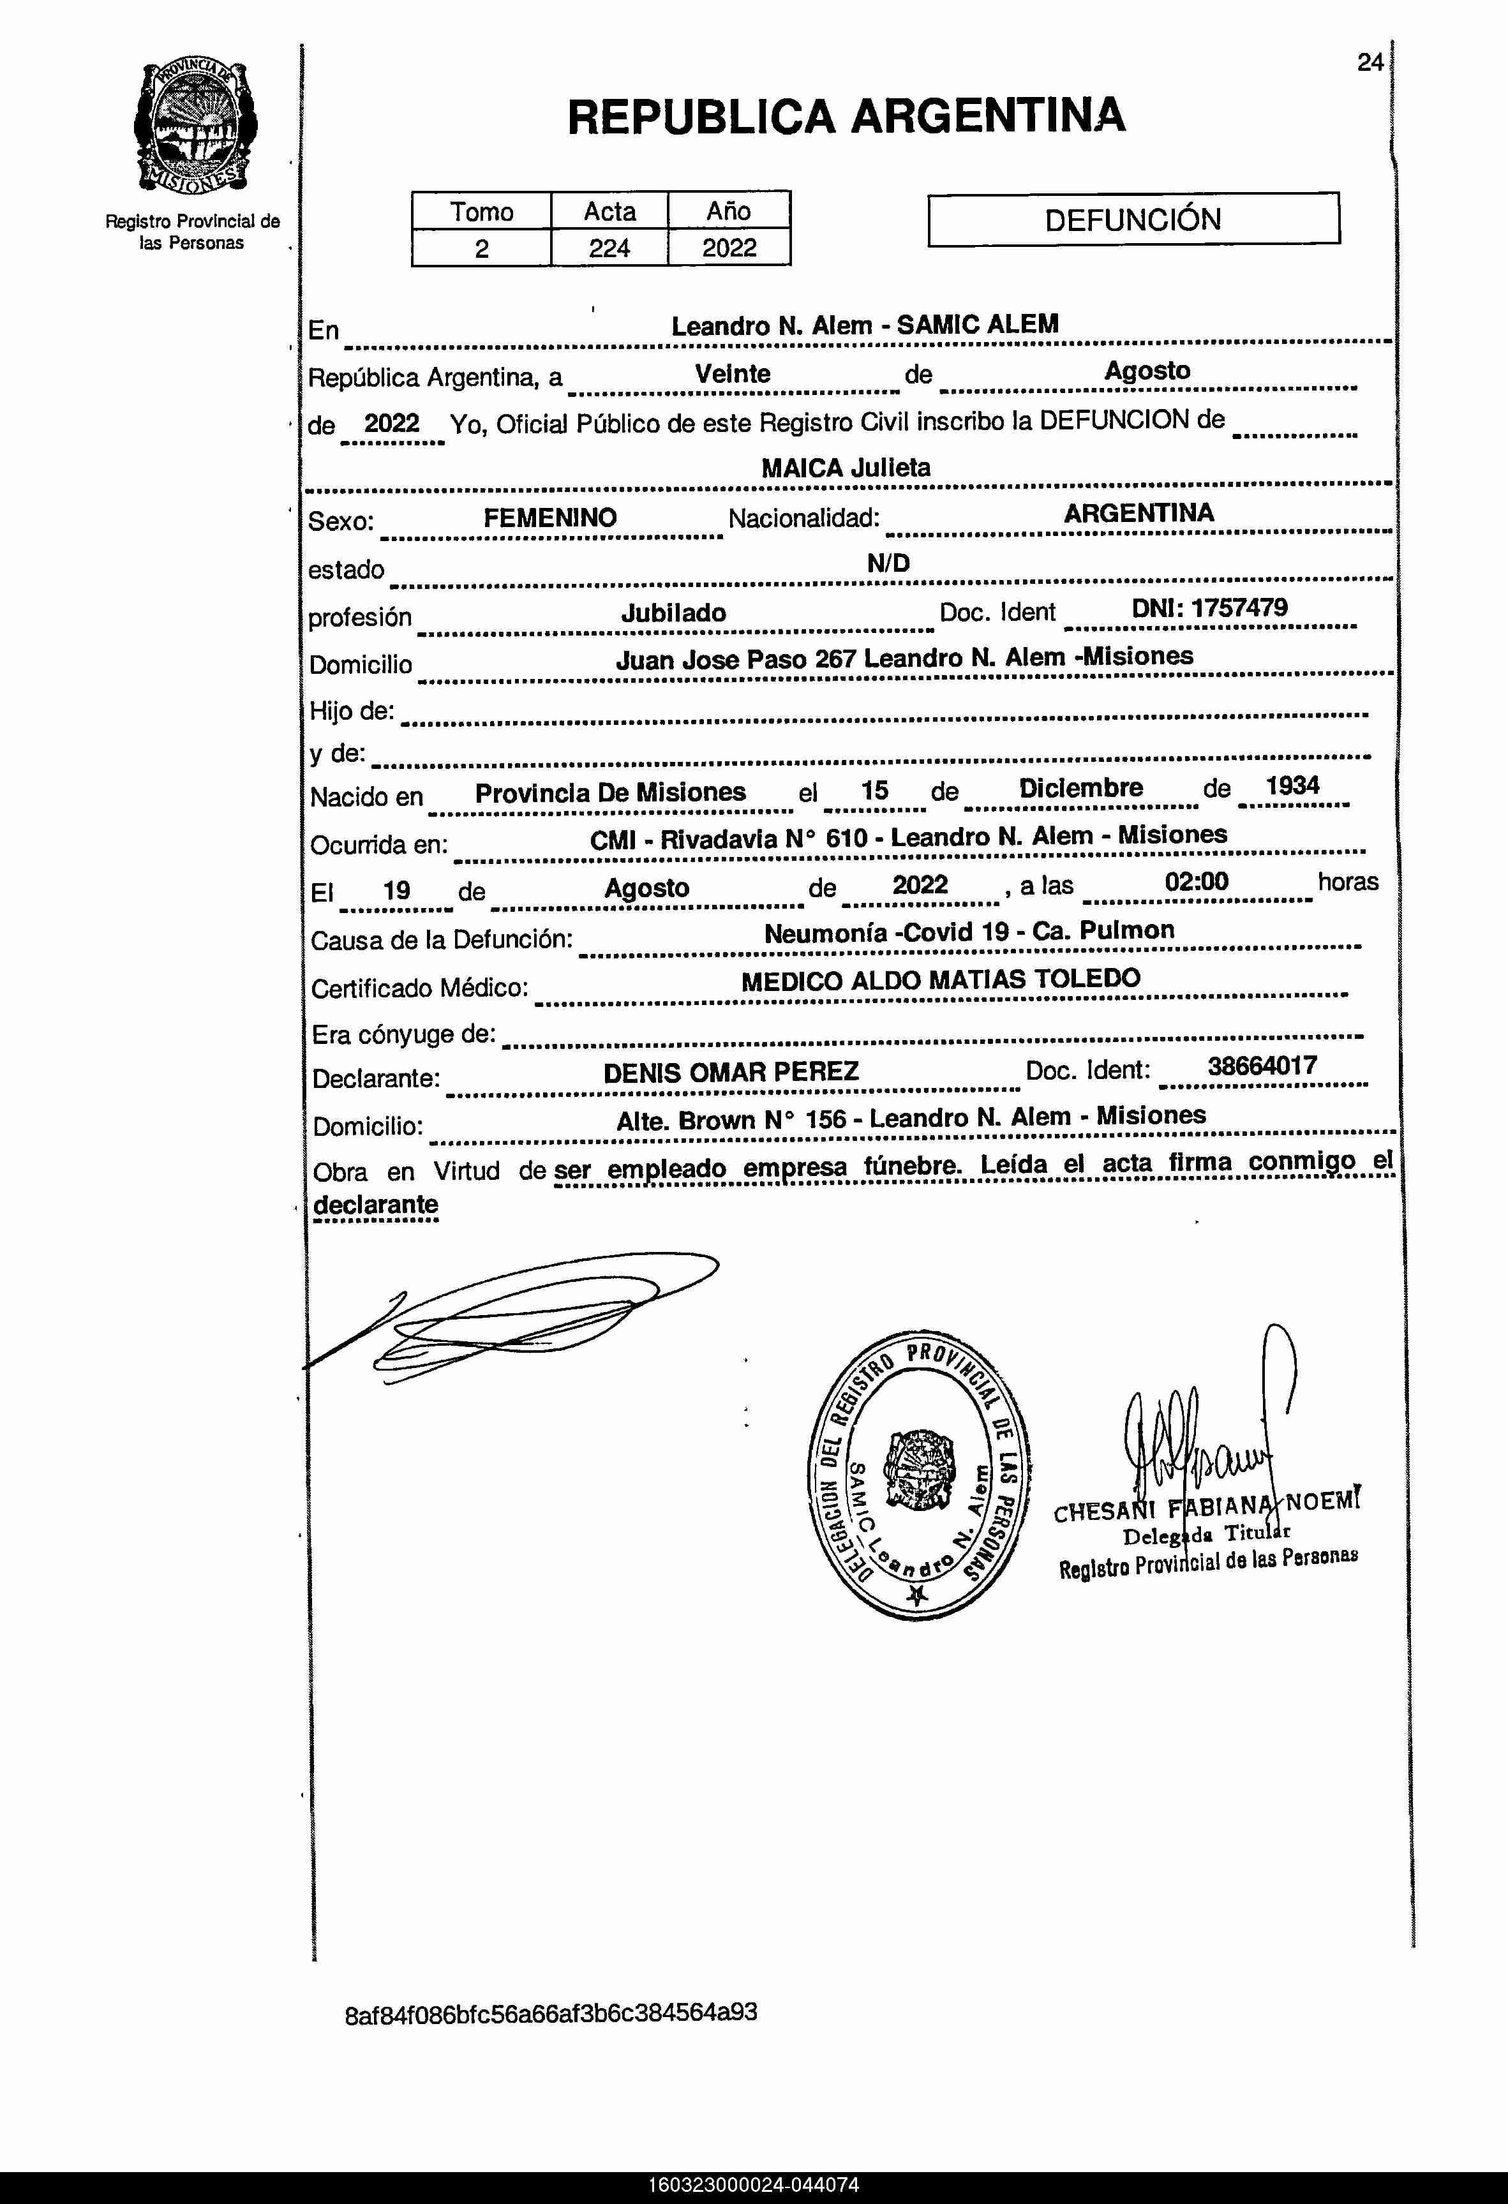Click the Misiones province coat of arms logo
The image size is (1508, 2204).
click(x=195, y=126)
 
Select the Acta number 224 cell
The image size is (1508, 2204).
click(x=609, y=248)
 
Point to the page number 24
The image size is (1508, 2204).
click(x=1370, y=63)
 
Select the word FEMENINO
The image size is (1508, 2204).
click(x=550, y=517)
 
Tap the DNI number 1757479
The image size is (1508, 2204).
click(x=1239, y=608)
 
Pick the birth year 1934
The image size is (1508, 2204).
click(x=1292, y=786)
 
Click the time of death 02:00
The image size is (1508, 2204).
click(x=1196, y=882)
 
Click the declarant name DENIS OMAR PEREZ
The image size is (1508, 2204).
click(x=730, y=1073)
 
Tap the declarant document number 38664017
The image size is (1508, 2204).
click(x=1262, y=1066)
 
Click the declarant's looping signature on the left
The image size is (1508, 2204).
click(x=512, y=1318)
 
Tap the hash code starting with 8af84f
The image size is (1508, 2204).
click(x=550, y=2013)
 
